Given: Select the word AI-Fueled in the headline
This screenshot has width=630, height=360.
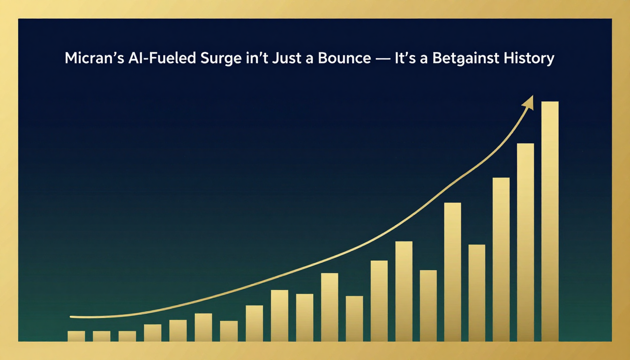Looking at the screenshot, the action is (162, 58).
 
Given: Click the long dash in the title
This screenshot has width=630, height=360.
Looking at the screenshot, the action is (383, 59).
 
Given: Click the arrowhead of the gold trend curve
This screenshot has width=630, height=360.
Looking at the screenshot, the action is (529, 102).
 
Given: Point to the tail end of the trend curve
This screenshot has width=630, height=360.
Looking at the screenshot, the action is (71, 317).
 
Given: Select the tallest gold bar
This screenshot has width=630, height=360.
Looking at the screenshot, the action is (550, 221).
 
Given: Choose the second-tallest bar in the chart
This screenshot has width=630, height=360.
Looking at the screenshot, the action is (525, 242).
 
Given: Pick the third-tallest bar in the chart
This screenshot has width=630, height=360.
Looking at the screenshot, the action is (501, 259).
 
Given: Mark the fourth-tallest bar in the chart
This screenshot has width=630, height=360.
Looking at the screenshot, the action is (452, 272).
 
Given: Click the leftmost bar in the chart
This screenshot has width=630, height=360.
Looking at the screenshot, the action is (76, 336).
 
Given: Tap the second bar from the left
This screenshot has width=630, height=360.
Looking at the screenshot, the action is (102, 336).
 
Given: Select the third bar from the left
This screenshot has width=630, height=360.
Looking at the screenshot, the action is (127, 336).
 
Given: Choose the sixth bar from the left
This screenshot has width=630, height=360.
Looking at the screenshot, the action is (203, 327).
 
